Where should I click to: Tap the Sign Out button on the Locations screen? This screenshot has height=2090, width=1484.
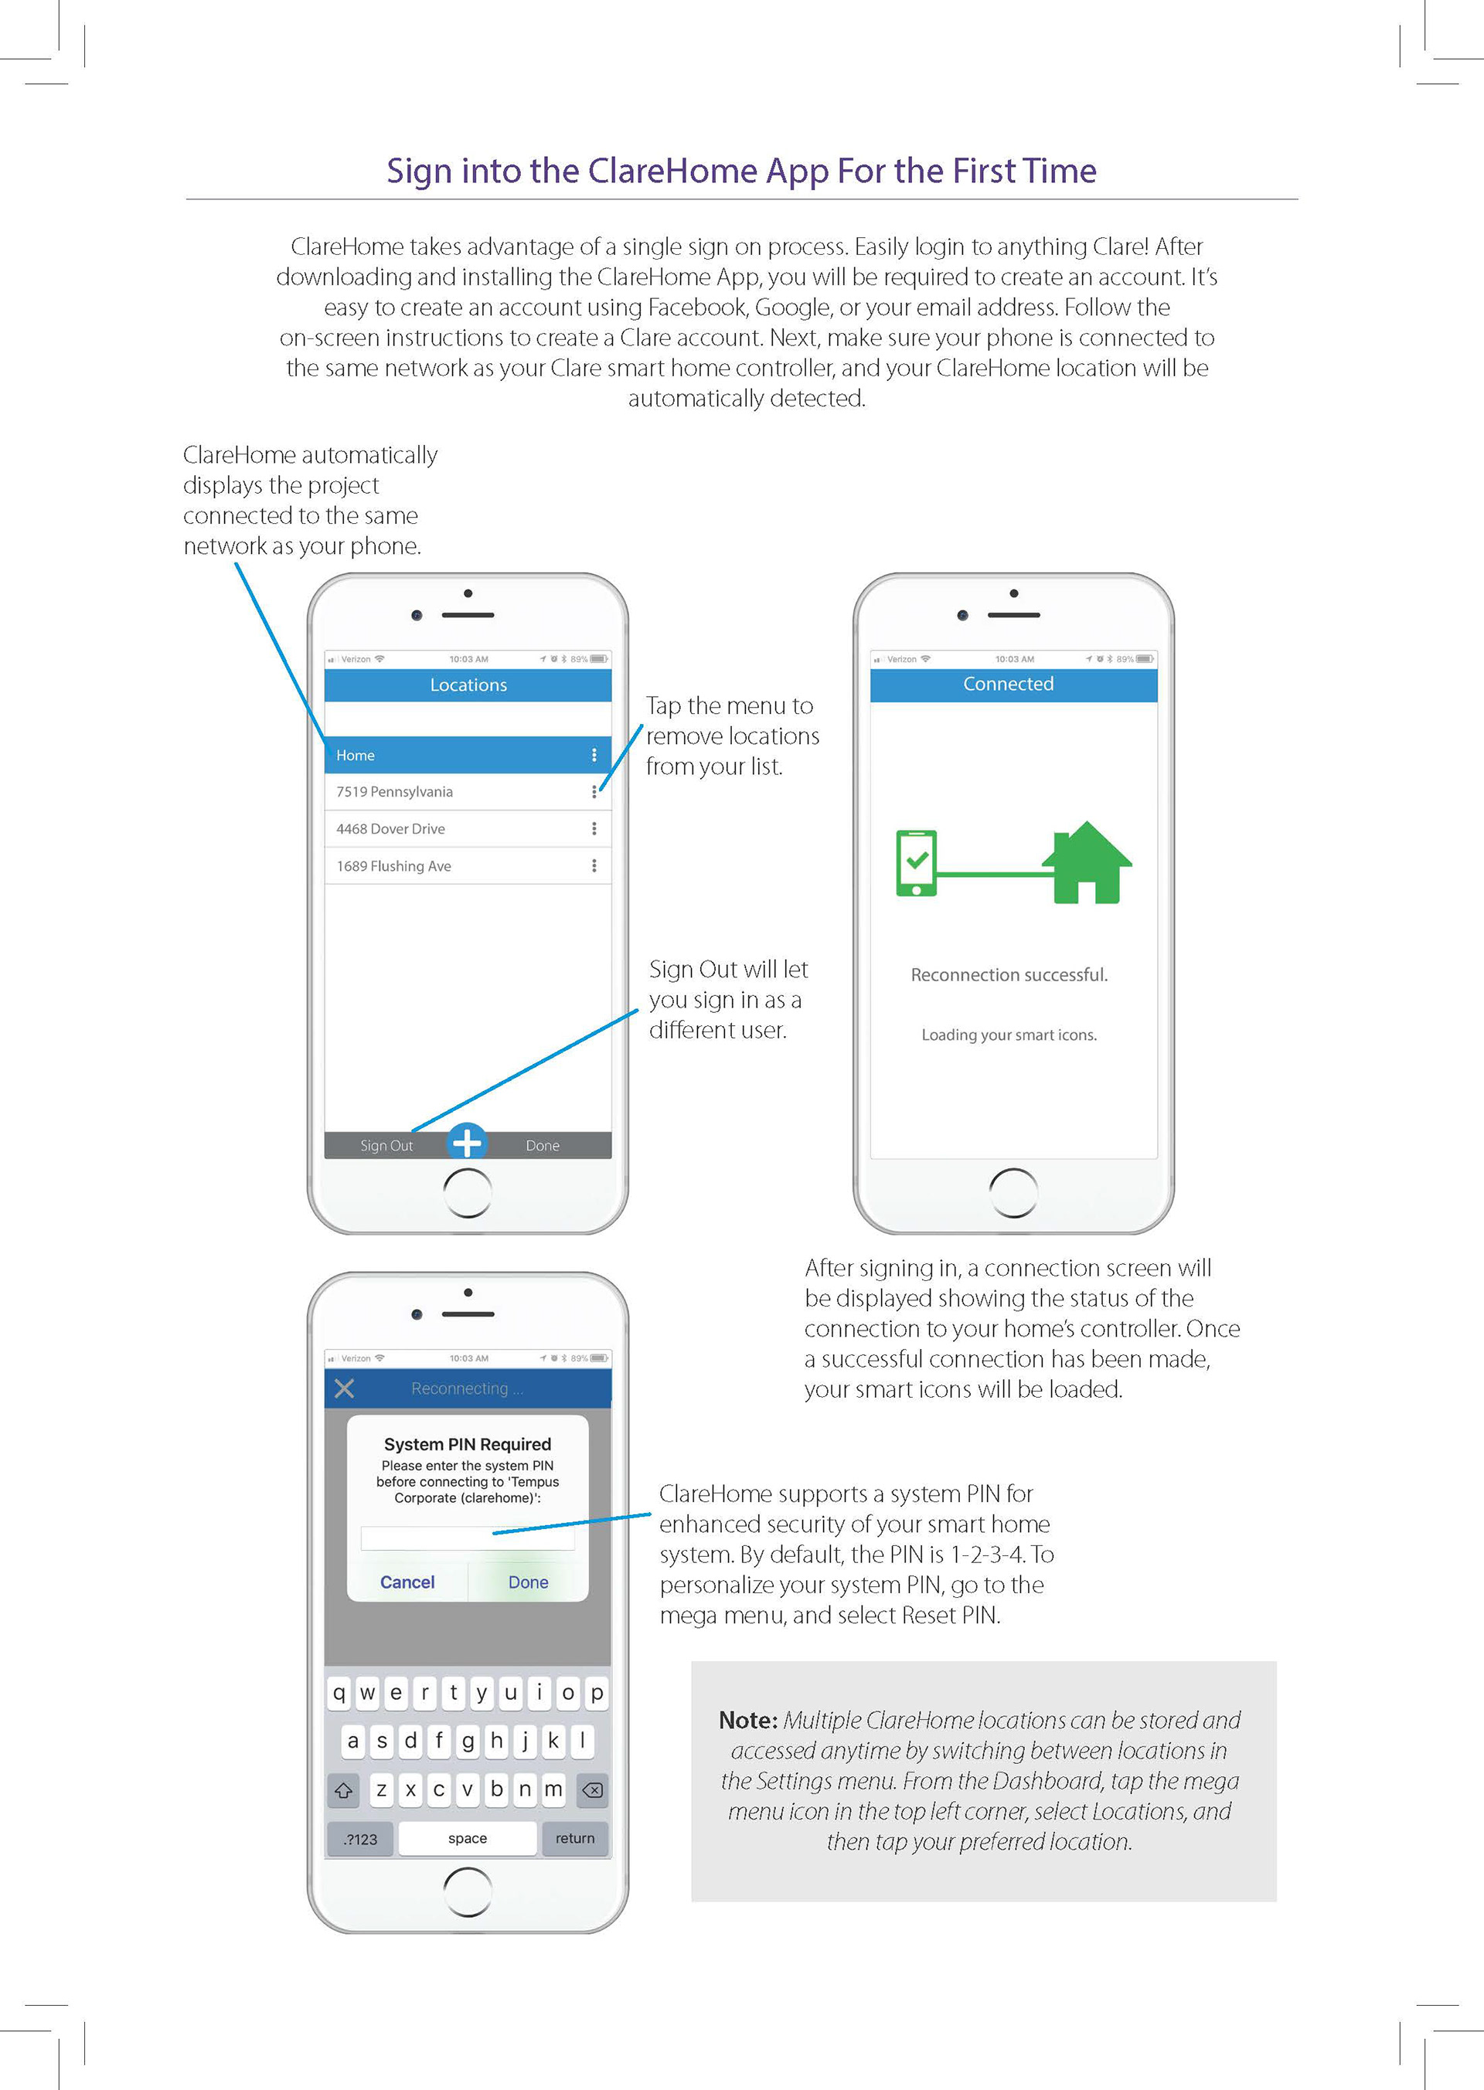pos(386,1146)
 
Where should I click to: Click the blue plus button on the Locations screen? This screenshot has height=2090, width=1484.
pos(468,1142)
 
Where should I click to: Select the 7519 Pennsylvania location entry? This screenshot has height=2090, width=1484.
pos(395,792)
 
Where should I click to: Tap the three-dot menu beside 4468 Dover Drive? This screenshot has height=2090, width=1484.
pos(594,828)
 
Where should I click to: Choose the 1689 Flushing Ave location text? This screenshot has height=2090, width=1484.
pos(394,866)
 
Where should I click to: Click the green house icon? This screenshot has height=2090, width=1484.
pos(1087,863)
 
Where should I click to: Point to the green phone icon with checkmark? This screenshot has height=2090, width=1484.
pos(917,863)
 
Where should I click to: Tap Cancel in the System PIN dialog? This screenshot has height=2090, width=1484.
pos(407,1582)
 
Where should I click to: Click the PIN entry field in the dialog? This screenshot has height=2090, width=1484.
pos(467,1538)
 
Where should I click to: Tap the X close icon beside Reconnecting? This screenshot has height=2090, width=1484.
pos(345,1388)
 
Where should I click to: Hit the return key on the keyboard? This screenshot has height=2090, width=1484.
pos(575,1838)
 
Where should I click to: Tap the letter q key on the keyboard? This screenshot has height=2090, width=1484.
pos(339,1693)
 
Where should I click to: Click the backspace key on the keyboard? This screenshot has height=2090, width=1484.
pos(592,1789)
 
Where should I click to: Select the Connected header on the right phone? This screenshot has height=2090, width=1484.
pos(1008,685)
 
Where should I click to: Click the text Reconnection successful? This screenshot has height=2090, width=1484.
pos(1009,974)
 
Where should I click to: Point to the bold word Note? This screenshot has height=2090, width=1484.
pos(747,1720)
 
